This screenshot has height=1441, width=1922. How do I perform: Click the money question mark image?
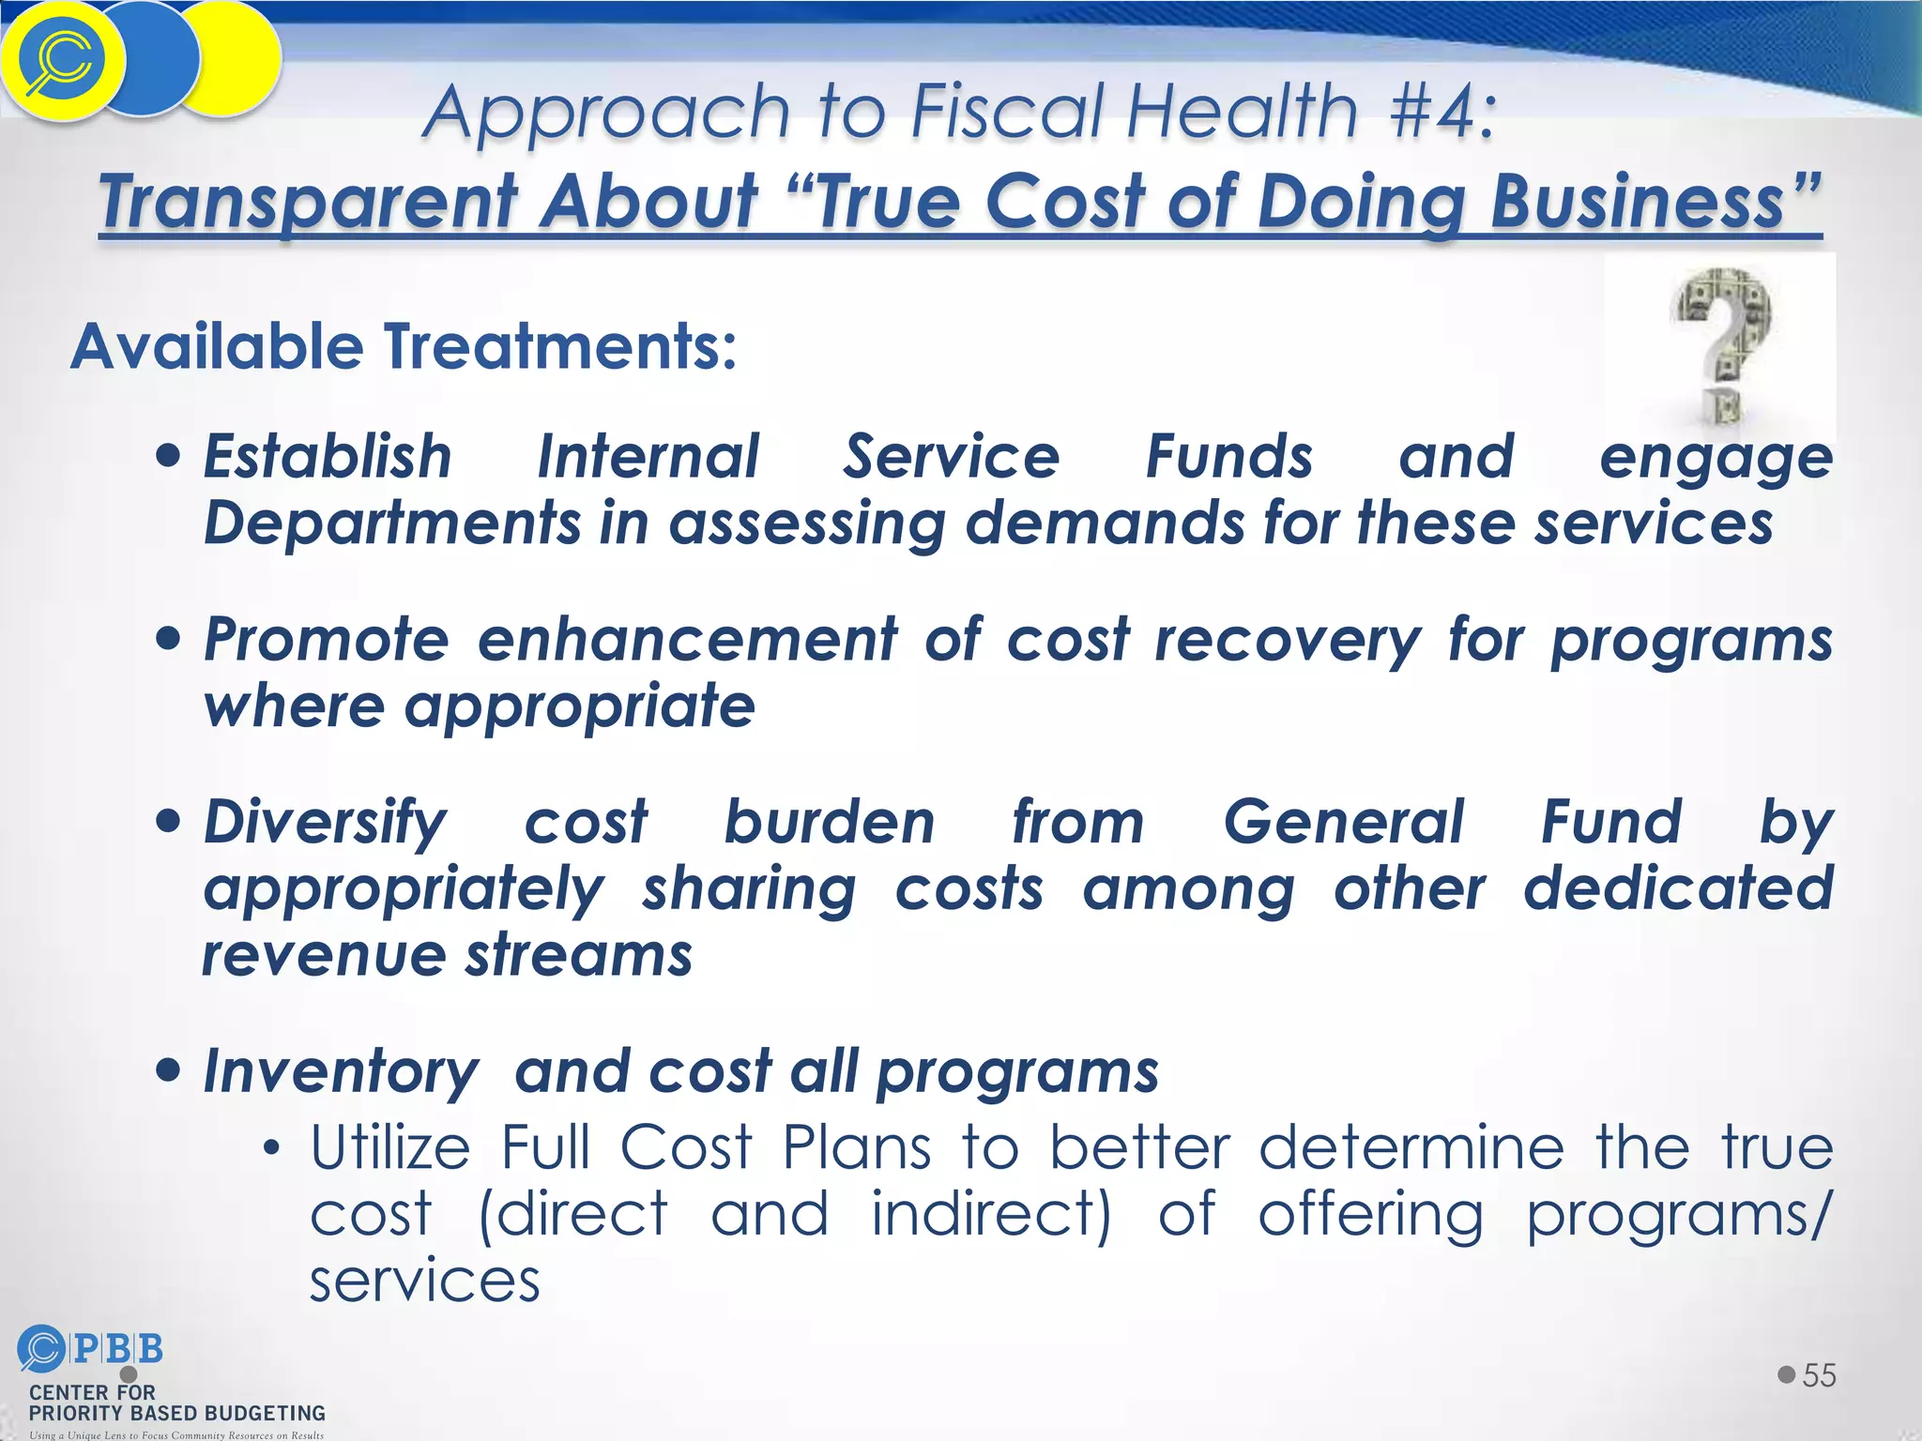click(1720, 346)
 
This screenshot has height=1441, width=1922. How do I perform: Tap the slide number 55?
click(1819, 1375)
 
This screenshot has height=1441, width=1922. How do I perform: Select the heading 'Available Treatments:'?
click(404, 346)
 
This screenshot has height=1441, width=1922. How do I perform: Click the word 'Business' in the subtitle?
click(1637, 201)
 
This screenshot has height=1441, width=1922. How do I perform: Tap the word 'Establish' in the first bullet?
click(328, 457)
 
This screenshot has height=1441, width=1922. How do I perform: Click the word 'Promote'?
click(327, 640)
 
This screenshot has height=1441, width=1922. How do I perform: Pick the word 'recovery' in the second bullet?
click(1288, 642)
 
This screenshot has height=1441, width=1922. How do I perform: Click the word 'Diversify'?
click(325, 823)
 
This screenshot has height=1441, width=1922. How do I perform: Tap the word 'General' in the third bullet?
click(1343, 822)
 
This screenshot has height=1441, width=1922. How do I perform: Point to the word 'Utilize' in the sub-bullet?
click(390, 1147)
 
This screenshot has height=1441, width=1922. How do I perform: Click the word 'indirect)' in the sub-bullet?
click(991, 1214)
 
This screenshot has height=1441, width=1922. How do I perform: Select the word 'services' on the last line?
click(425, 1281)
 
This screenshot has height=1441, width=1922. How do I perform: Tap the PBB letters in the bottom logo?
click(117, 1349)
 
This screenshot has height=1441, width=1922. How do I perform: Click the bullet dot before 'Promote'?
click(169, 640)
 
